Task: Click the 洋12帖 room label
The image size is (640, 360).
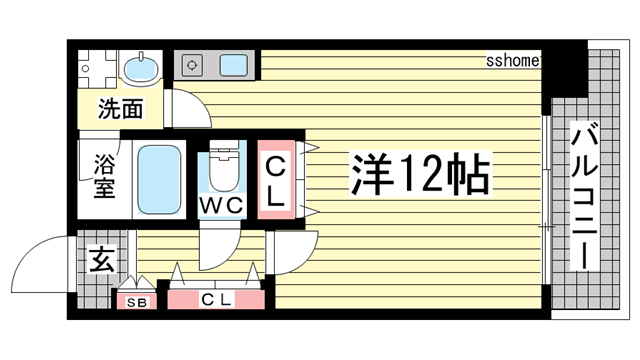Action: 420,174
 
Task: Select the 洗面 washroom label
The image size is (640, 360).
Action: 121,109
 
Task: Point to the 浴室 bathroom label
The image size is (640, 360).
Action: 104,176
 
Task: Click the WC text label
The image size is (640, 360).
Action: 222,205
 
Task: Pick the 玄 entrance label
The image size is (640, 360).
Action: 102,259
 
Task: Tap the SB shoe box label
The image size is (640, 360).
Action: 136,302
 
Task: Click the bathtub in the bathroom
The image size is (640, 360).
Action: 159,180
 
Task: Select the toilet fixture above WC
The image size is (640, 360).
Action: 223,166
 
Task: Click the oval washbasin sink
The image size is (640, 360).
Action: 140,67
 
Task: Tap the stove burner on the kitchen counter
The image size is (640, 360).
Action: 192,65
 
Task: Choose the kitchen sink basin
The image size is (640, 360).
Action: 234,65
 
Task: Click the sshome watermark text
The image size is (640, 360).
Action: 513,61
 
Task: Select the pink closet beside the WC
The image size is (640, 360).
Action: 276,180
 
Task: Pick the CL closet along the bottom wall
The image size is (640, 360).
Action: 216,300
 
